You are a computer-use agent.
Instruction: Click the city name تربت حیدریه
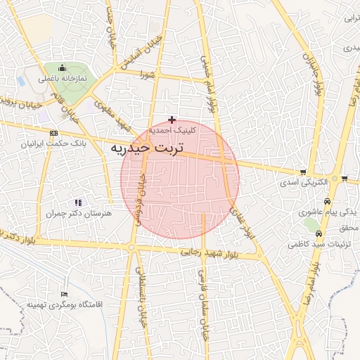pyautogui.click(x=147, y=149)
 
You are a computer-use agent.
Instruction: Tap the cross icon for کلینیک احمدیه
pyautogui.click(x=172, y=120)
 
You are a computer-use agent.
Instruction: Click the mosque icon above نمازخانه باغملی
pyautogui.click(x=63, y=68)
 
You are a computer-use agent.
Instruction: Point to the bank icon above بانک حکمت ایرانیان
pyautogui.click(x=53, y=133)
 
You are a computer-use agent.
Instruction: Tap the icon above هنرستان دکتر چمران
pyautogui.click(x=78, y=202)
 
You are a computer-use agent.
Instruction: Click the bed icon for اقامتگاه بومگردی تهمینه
pyautogui.click(x=65, y=294)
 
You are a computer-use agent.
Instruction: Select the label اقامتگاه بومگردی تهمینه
pyautogui.click(x=65, y=304)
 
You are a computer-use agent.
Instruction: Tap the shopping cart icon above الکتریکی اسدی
pyautogui.click(x=303, y=172)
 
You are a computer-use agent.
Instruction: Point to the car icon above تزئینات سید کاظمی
pyautogui.click(x=319, y=234)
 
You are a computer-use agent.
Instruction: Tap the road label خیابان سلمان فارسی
pyautogui.click(x=205, y=302)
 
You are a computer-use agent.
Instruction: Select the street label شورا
pyautogui.click(x=148, y=73)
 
